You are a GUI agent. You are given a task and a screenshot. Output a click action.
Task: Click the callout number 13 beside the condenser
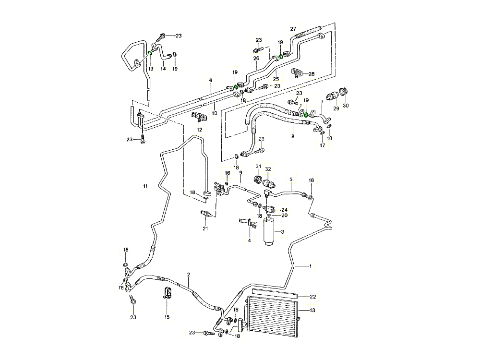[x=312, y=311]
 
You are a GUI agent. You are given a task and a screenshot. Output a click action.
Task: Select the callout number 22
[x=312, y=296]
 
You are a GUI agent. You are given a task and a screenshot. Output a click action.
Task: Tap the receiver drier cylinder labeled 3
[x=271, y=233]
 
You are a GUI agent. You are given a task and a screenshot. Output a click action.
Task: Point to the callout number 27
[x=293, y=29]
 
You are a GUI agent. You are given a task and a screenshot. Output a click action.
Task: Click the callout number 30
[x=346, y=106]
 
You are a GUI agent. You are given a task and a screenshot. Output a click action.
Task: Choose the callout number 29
[x=336, y=109]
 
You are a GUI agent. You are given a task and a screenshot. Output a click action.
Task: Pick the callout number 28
[x=312, y=74]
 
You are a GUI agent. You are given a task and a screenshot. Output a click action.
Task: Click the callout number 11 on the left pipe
[x=145, y=185]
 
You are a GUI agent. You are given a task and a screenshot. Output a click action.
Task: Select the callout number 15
[x=167, y=317]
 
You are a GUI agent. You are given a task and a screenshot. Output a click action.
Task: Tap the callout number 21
[x=205, y=228]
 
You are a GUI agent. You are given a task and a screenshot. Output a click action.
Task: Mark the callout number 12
[x=199, y=130]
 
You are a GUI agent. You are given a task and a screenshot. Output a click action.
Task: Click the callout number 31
[x=258, y=167]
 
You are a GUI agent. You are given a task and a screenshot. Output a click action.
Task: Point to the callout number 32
[x=268, y=169]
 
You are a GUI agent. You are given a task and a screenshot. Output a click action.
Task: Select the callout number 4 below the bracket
[x=250, y=240]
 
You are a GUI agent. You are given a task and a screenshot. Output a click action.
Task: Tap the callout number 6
[x=210, y=80]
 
